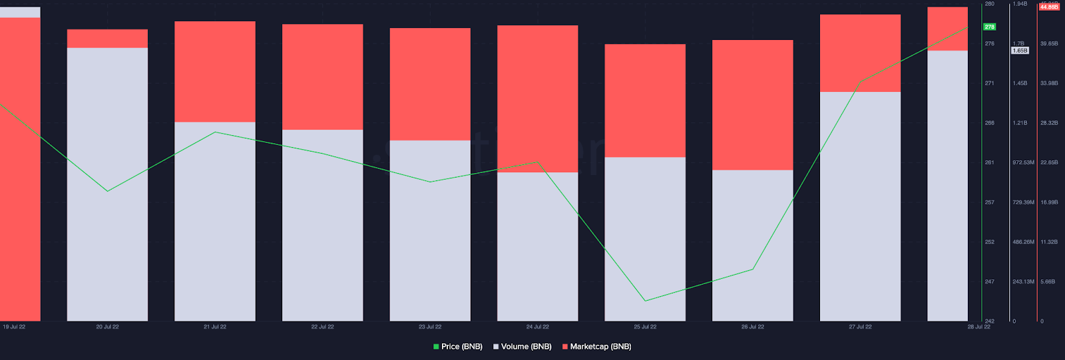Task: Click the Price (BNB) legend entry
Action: click(458, 347)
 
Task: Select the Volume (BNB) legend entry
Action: click(523, 347)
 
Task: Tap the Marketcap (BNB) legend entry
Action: click(597, 347)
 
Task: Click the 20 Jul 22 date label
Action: click(107, 327)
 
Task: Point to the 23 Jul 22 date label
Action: click(430, 327)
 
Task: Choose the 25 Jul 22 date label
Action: click(645, 327)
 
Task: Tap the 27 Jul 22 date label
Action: click(860, 327)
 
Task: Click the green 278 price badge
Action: click(990, 27)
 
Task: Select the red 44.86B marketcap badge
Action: click(1049, 7)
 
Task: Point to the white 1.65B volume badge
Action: click(1020, 51)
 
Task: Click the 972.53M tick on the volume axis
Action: click(1023, 162)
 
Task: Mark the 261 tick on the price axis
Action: click(990, 162)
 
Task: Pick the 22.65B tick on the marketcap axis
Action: click(1049, 162)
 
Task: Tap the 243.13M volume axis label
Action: click(1023, 281)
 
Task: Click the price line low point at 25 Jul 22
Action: click(645, 301)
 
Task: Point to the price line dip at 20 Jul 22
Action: click(108, 191)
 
